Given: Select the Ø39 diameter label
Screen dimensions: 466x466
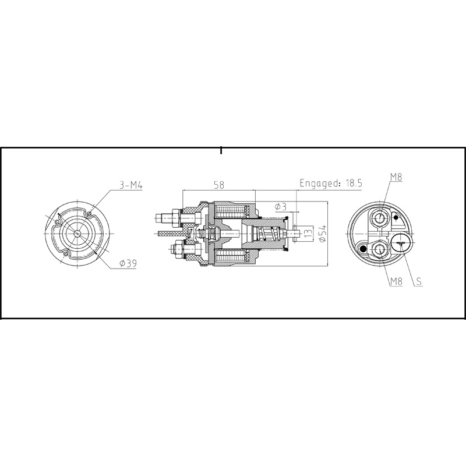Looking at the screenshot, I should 128,264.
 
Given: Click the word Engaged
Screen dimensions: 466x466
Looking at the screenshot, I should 320,182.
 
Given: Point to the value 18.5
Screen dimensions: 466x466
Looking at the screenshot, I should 355,182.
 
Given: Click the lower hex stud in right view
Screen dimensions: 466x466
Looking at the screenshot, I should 380,250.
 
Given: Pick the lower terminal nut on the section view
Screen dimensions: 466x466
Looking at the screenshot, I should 175,251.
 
